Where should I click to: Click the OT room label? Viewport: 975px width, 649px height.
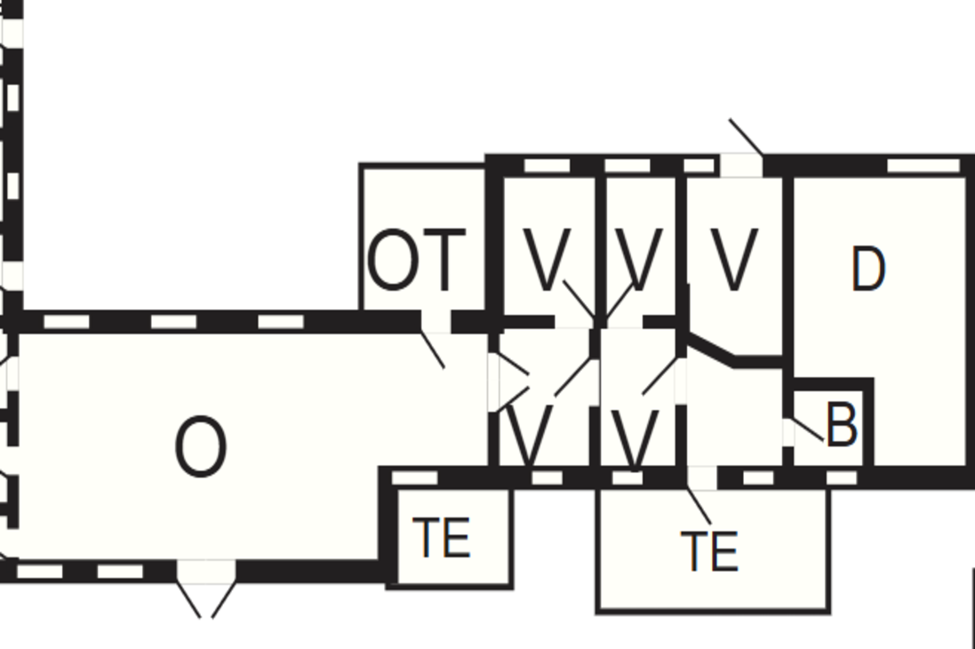(x=416, y=260)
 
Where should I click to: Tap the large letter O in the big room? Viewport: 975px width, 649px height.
(x=201, y=448)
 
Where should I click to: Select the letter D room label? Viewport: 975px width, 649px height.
(x=868, y=268)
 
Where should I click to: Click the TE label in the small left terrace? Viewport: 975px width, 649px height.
(x=442, y=538)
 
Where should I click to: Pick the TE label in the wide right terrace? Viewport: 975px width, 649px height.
(x=709, y=551)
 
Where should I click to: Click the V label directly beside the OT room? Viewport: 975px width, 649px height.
(x=546, y=260)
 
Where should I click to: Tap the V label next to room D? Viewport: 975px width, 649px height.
(x=734, y=260)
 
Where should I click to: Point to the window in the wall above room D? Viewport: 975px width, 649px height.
(x=923, y=165)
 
